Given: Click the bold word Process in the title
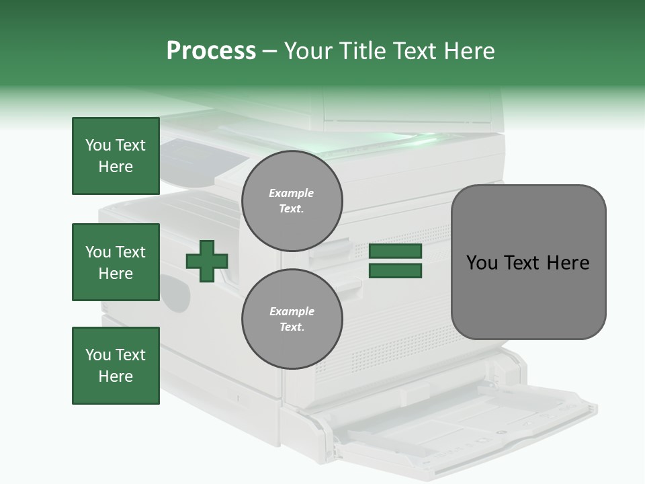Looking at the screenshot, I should click(211, 51).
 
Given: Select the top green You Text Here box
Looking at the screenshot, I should click(116, 156).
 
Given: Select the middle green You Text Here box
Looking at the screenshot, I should click(116, 262).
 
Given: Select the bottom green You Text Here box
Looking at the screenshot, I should click(116, 366).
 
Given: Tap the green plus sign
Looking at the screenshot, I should click(207, 261).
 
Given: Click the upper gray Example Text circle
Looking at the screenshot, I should click(292, 200).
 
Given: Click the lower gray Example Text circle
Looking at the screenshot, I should click(292, 319).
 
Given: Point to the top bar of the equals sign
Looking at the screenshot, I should click(396, 251).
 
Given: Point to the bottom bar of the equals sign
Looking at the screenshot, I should click(396, 271).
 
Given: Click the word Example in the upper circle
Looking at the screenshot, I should click(292, 193).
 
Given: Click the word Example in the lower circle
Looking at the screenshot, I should click(292, 311).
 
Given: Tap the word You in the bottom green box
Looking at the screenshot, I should click(97, 355).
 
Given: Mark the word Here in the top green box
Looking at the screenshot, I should click(116, 167).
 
